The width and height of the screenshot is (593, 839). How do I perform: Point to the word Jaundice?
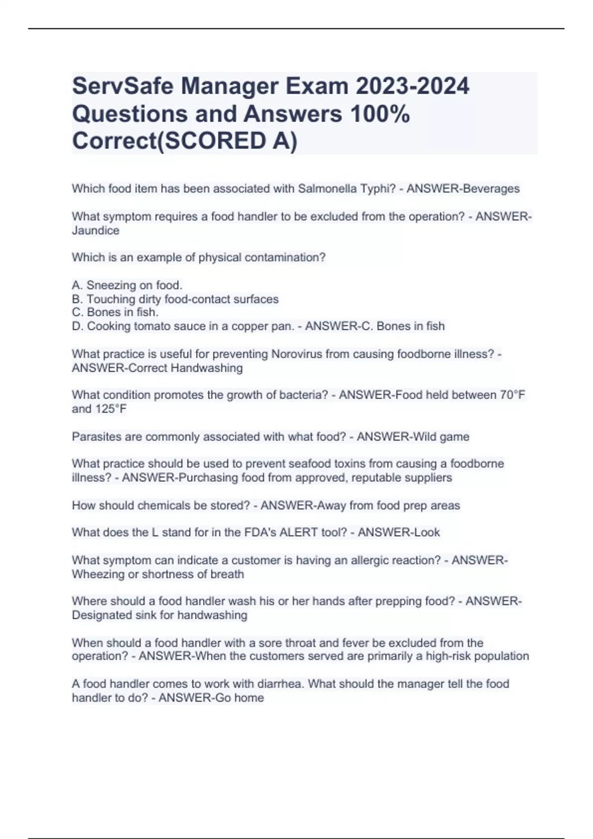(95, 230)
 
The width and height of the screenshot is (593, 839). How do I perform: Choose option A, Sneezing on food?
(127, 285)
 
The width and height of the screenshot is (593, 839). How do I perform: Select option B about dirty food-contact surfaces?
(175, 299)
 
